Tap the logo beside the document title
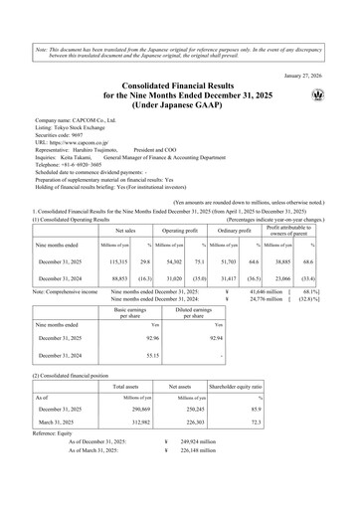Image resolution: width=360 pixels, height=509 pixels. [321, 96]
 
